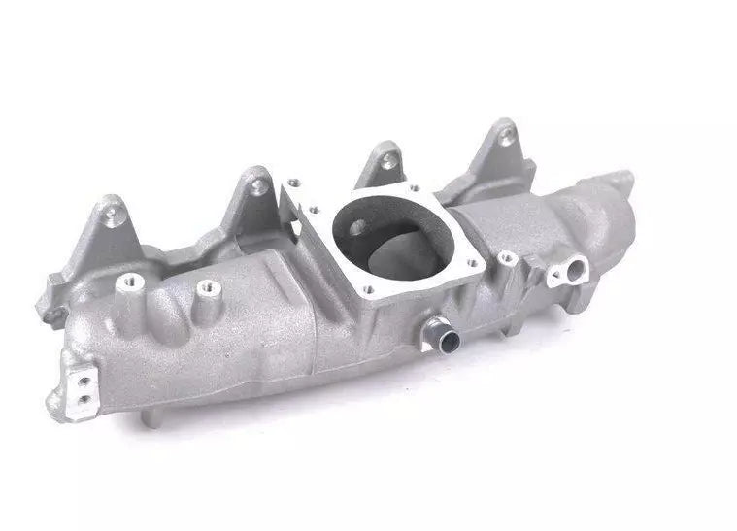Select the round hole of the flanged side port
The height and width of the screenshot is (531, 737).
575,266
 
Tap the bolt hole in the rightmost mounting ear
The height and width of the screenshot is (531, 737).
508,136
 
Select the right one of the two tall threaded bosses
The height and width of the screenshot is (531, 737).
207,287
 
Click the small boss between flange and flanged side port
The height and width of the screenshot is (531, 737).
505,258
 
